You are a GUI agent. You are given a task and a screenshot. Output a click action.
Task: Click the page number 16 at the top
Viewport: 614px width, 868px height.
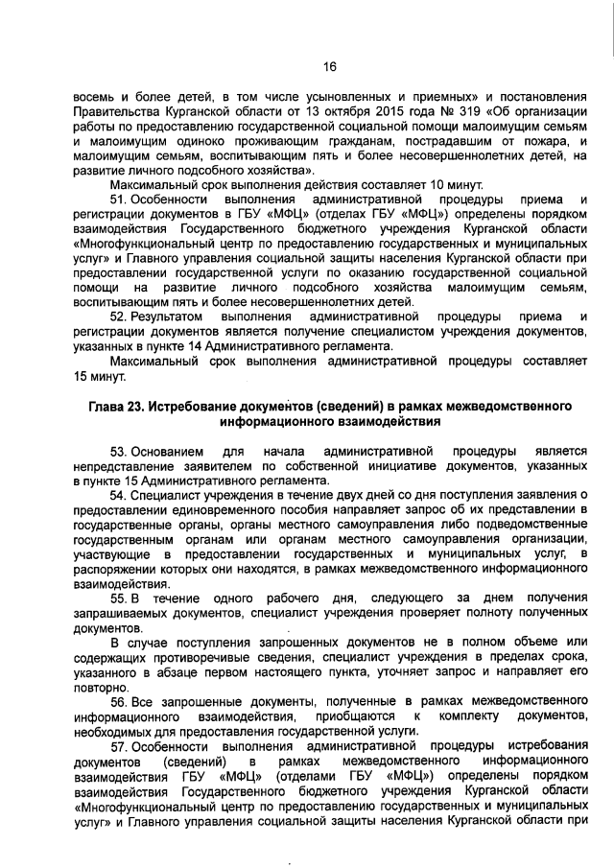329,66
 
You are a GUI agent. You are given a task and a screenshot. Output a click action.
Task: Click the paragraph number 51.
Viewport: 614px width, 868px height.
119,199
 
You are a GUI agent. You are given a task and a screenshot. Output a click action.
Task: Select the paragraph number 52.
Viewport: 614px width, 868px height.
119,316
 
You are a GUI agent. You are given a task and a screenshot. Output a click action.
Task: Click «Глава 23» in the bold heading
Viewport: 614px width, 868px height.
110,407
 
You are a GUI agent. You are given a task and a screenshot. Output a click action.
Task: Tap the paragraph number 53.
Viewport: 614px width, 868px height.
119,451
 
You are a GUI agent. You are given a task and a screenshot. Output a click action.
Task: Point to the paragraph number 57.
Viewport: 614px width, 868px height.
119,744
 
